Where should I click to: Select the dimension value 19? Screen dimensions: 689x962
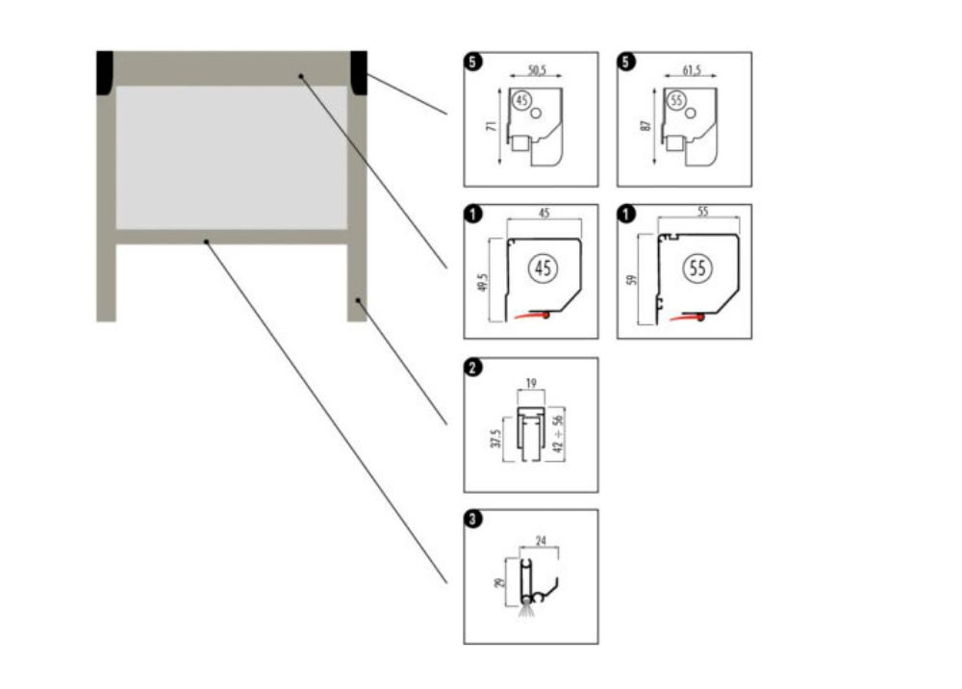tap(532, 382)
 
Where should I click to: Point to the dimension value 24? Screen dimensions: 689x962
tap(541, 541)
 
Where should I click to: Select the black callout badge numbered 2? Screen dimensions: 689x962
tap(472, 367)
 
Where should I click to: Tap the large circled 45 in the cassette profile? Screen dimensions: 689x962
tap(543, 269)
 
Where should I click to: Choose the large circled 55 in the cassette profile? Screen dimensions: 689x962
tap(696, 269)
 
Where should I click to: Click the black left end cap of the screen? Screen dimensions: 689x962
tap(105, 71)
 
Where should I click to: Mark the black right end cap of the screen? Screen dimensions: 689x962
tap(359, 71)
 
